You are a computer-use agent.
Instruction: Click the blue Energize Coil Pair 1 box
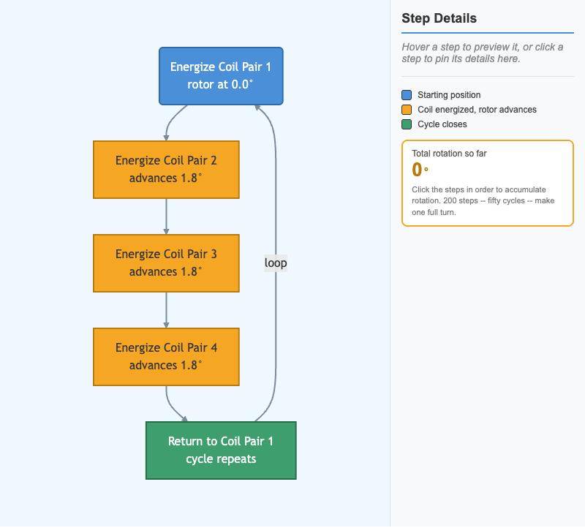tap(221, 76)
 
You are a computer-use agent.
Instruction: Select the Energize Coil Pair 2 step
tap(166, 170)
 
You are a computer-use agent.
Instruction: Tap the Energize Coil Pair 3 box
tap(166, 263)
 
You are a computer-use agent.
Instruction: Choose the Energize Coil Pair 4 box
tap(166, 357)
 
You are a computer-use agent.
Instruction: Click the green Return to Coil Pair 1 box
tap(221, 450)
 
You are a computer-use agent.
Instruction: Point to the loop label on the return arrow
tap(276, 263)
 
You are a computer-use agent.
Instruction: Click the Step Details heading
tap(439, 18)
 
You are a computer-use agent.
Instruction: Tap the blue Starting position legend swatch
tap(407, 95)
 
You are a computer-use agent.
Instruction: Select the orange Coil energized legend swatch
tap(407, 110)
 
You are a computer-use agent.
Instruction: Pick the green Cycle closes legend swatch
tap(407, 124)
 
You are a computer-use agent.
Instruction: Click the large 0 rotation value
tap(417, 170)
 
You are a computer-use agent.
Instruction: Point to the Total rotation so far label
tap(449, 154)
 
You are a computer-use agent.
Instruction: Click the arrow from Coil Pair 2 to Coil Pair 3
tap(167, 216)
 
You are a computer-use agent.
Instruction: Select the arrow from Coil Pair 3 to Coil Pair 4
tap(167, 311)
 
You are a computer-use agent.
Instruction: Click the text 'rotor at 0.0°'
tap(220, 85)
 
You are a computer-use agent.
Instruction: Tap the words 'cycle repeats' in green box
tap(221, 459)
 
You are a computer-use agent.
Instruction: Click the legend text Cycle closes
tap(442, 124)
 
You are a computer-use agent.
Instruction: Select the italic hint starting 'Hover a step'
tap(483, 53)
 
